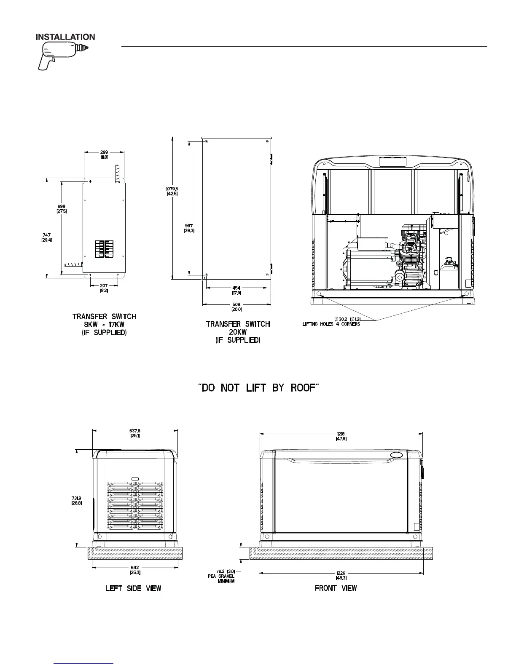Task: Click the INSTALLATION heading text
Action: [65, 37]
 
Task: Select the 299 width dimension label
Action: [104, 155]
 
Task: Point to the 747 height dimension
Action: [46, 237]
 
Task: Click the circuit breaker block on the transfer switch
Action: [104, 249]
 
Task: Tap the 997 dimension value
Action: [189, 228]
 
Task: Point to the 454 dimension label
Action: [236, 290]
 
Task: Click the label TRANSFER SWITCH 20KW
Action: [238, 331]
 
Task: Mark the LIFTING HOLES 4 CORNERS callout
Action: [331, 324]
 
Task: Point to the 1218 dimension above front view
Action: [341, 436]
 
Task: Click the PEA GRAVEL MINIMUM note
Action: [221, 576]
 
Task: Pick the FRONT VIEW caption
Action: [336, 588]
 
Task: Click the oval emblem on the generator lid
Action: [396, 455]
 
